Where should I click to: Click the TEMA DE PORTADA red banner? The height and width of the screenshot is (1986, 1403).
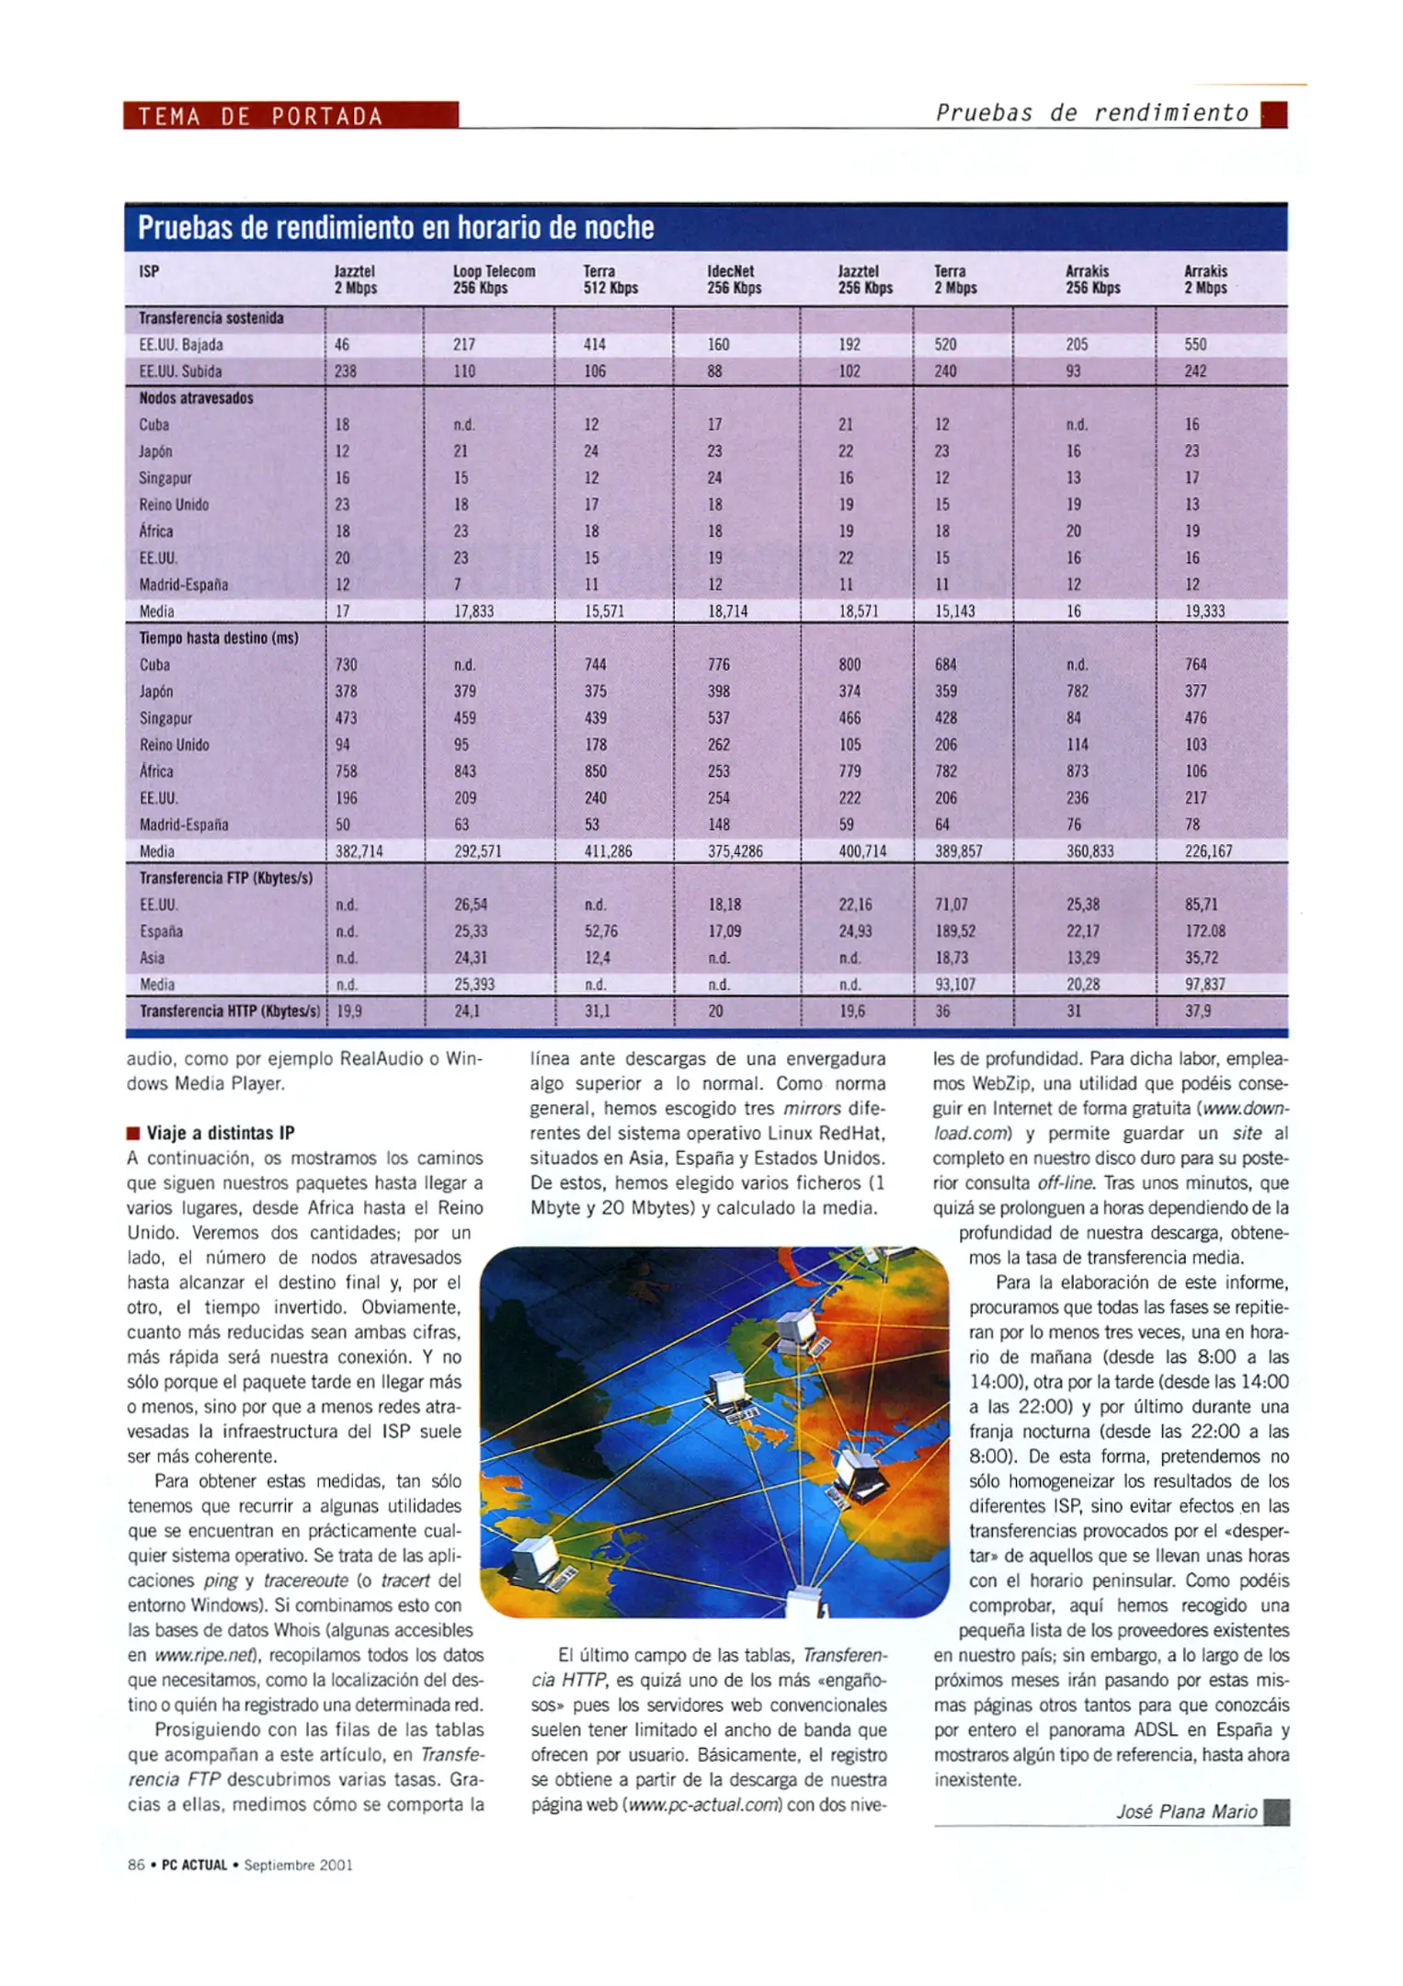coord(291,116)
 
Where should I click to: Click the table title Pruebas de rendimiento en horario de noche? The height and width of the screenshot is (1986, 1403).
coord(395,227)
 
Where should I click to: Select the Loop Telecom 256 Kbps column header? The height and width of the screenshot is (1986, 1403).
coord(494,280)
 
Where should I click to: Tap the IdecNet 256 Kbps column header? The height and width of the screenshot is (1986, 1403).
coord(733,280)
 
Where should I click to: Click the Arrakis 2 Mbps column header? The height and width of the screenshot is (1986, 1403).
coord(1205,280)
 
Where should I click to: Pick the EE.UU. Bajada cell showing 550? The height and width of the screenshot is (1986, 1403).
coord(1195,345)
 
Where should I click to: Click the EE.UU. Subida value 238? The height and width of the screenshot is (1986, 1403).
coord(346,371)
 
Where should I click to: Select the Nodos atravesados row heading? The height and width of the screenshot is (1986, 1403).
coord(196,398)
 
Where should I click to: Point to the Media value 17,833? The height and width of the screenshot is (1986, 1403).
coord(474,611)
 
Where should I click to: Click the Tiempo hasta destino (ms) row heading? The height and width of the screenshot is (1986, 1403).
coord(219,638)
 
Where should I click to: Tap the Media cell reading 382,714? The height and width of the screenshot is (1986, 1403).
coord(359,851)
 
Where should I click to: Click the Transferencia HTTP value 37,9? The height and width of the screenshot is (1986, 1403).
coord(1198,1011)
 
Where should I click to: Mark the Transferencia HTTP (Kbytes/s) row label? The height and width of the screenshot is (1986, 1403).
coord(229,1011)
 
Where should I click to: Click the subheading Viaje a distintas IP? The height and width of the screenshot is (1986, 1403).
coord(221,1133)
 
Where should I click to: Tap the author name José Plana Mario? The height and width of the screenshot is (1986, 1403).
coord(1186,1811)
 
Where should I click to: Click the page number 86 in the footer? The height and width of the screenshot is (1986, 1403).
coord(136,1865)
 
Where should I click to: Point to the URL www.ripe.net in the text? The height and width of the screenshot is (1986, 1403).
coord(204,1655)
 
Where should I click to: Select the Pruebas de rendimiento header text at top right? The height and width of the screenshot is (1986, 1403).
coord(1091,113)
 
